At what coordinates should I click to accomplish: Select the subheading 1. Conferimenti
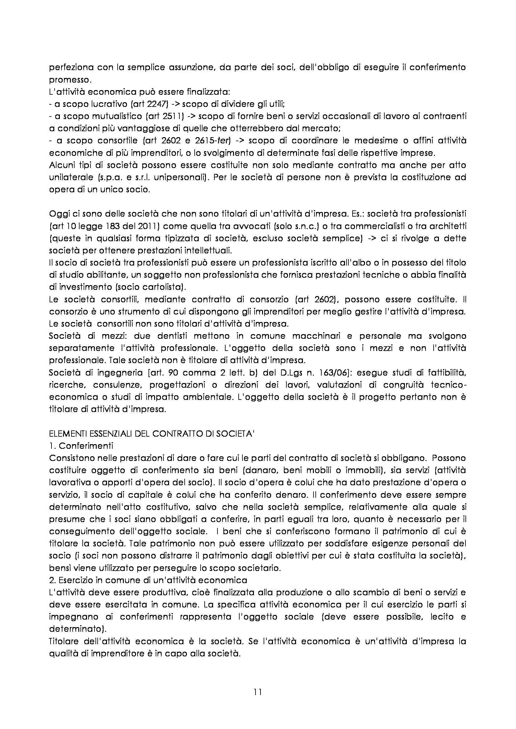pos(81,445)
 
